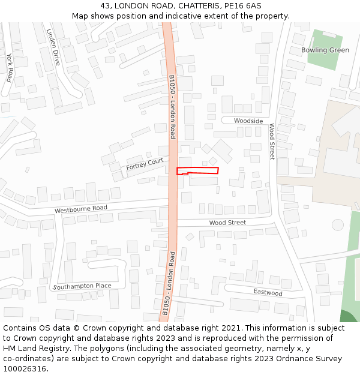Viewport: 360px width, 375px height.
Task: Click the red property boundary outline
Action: [x=197, y=170]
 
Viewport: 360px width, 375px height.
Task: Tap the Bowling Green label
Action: [x=325, y=50]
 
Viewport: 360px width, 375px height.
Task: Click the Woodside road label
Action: [x=248, y=121]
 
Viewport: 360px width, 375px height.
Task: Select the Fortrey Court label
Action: [x=145, y=164]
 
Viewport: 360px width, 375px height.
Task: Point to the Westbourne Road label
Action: [x=80, y=209]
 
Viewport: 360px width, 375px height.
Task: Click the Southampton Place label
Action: [x=82, y=286]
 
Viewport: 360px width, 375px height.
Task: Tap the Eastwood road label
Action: [x=268, y=293]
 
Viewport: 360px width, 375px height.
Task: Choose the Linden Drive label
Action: [x=53, y=47]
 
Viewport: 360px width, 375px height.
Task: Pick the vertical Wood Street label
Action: [x=272, y=142]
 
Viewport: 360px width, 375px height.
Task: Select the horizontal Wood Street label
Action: [x=227, y=223]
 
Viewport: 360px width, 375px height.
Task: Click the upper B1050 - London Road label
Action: [x=172, y=107]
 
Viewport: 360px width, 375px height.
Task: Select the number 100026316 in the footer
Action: [x=24, y=369]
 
